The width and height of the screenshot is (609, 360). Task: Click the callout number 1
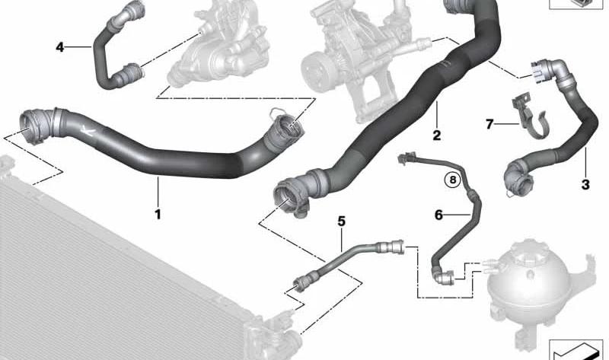pyautogui.click(x=158, y=214)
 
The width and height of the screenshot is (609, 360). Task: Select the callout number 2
pyautogui.click(x=436, y=135)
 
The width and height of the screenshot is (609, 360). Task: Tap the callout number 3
pyautogui.click(x=585, y=184)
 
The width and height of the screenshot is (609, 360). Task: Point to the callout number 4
pyautogui.click(x=60, y=47)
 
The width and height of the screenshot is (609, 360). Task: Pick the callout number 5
pyautogui.click(x=341, y=221)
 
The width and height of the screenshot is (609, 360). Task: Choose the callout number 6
pyautogui.click(x=438, y=215)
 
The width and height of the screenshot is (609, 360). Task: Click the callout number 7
pyautogui.click(x=489, y=124)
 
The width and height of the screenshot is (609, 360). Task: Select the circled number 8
pyautogui.click(x=452, y=180)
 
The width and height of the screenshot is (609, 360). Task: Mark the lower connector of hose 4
pyautogui.click(x=130, y=73)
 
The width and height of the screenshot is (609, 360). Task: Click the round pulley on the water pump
pyautogui.click(x=317, y=72)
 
